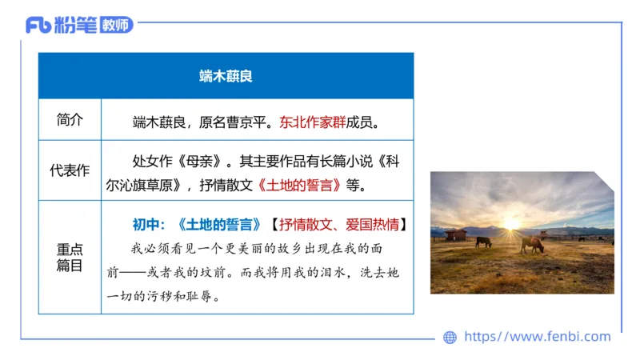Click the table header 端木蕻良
point(226,76)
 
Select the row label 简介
point(70,121)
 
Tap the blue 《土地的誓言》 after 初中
point(219,224)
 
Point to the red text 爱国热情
point(375,224)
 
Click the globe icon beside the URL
point(450,338)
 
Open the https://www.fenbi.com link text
point(537,337)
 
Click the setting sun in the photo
point(509,224)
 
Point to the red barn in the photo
point(456,234)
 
